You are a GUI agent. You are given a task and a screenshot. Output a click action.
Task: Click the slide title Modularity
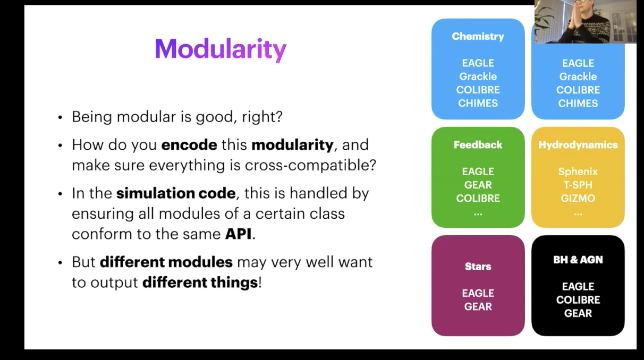pyautogui.click(x=221, y=49)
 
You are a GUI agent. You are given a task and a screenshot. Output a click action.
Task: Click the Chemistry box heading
pyautogui.click(x=478, y=37)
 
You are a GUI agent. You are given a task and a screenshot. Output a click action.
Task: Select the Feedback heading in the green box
pyautogui.click(x=478, y=145)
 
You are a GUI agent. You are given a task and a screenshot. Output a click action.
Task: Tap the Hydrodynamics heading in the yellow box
pyautogui.click(x=578, y=145)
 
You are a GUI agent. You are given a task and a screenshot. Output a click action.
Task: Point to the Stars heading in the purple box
pyautogui.click(x=478, y=267)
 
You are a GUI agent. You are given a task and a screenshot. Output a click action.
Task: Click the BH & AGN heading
pyautogui.click(x=578, y=260)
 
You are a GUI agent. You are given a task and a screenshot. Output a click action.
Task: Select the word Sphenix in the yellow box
pyautogui.click(x=578, y=172)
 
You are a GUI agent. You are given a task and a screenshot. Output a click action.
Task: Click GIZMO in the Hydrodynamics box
pyautogui.click(x=578, y=198)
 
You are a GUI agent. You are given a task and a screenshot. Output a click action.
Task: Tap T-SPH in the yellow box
pyautogui.click(x=578, y=185)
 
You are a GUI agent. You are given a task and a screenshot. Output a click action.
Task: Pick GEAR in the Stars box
pyautogui.click(x=478, y=306)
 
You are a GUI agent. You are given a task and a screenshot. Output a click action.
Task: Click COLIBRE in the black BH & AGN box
pyautogui.click(x=578, y=299)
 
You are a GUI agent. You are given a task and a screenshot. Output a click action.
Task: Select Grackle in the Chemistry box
pyautogui.click(x=478, y=76)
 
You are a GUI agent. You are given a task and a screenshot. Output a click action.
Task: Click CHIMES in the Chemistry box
pyautogui.click(x=478, y=103)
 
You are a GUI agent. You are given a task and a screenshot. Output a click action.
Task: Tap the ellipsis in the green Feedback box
pyautogui.click(x=478, y=214)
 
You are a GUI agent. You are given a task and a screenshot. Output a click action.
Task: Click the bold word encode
pyautogui.click(x=189, y=144)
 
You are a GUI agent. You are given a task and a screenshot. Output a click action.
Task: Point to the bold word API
pyautogui.click(x=238, y=234)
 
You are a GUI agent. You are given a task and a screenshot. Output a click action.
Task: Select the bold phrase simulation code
pyautogui.click(x=176, y=193)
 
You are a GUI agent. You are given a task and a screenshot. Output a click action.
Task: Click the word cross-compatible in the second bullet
pyautogui.click(x=310, y=165)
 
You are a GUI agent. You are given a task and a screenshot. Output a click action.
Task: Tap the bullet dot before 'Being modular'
pyautogui.click(x=60, y=117)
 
